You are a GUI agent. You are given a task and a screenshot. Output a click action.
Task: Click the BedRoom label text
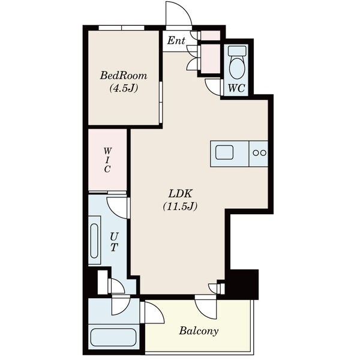coord(124,76)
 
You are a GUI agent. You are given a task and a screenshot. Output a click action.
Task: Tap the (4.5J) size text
coord(124,88)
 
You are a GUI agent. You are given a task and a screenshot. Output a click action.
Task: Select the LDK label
coord(180,194)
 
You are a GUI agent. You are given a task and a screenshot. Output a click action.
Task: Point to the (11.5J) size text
coord(180,206)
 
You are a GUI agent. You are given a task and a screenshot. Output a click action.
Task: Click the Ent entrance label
coord(176,41)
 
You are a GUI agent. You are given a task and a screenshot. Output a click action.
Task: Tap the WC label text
coord(236,88)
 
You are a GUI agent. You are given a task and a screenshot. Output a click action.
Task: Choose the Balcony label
coord(199,331)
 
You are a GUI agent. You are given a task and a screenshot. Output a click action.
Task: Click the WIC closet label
coord(107,160)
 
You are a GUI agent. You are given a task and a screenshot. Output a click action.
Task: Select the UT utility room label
coord(114,242)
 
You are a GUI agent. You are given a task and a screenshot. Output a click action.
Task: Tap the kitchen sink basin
coord(224,152)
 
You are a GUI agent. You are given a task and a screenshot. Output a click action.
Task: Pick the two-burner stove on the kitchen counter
coord(259,152)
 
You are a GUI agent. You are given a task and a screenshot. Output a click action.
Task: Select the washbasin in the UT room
coord(94,241)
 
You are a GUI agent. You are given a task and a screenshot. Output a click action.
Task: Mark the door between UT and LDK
coord(117,206)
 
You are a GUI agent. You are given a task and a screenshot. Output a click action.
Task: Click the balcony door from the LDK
coord(205,307)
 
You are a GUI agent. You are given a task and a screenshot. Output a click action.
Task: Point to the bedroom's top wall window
coord(121,28)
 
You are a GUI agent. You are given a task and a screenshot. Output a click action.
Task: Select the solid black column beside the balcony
coord(244,284)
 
